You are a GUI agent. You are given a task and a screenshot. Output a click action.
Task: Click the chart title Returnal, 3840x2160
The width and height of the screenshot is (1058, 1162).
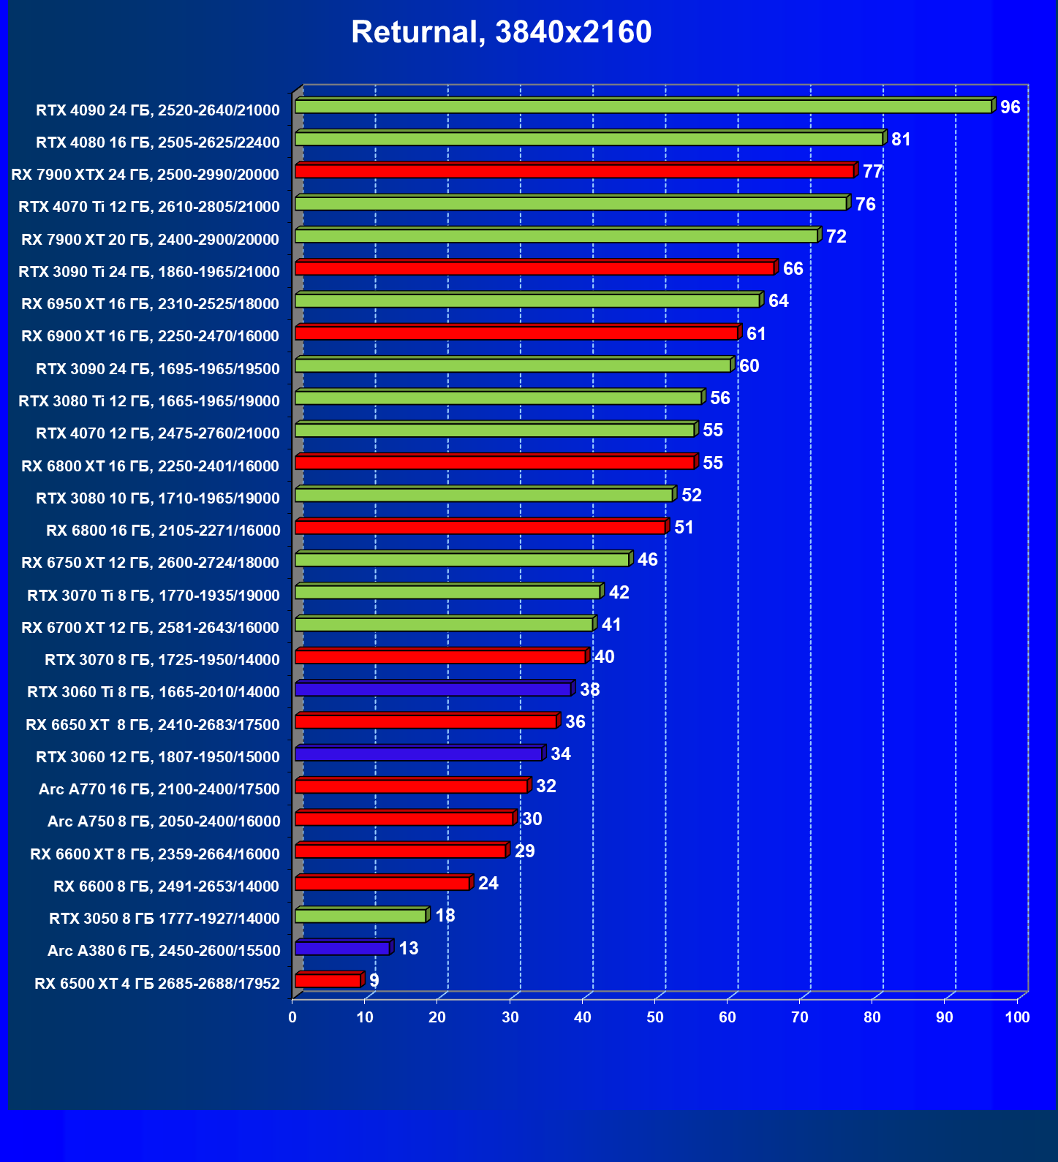tap(501, 32)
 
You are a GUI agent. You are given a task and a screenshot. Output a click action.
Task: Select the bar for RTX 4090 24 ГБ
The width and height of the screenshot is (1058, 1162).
tap(643, 107)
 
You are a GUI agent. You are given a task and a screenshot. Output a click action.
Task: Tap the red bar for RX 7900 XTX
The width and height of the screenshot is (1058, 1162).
tap(574, 171)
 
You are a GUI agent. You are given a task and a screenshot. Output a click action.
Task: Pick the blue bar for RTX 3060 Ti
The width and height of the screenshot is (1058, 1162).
tap(433, 689)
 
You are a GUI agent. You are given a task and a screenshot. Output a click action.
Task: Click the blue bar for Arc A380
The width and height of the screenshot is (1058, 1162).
tap(342, 948)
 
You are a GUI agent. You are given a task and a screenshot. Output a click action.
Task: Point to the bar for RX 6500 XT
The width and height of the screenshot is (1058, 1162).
tap(328, 980)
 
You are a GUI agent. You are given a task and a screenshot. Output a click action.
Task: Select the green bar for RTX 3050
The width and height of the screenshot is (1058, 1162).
tap(360, 916)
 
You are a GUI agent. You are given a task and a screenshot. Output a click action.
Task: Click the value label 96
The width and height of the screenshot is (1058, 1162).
tap(1010, 107)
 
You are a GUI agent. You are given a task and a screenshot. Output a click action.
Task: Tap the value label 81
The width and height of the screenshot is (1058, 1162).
tap(901, 140)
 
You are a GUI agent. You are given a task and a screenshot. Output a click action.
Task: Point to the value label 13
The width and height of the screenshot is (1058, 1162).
tap(408, 949)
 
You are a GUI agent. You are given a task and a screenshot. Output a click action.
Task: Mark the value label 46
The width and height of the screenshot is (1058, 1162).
tap(647, 560)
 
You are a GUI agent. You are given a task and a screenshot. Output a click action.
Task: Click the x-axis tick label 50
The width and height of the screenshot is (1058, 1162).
tap(655, 1017)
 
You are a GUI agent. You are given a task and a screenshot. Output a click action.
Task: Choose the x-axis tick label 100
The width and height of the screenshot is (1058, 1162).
tap(1017, 1017)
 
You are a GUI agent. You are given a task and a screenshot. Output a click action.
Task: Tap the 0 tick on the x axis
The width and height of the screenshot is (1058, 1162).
tap(292, 1017)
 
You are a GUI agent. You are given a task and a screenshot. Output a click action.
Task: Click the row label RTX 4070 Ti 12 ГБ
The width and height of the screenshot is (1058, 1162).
tap(149, 207)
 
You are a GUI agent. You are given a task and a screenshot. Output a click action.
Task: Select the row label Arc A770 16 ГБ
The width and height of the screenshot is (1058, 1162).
tap(159, 789)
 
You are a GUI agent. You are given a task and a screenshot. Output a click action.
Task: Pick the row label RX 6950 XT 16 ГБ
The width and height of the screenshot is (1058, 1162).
tap(150, 304)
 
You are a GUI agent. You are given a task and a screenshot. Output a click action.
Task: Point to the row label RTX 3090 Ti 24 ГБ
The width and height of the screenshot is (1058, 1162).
tap(149, 272)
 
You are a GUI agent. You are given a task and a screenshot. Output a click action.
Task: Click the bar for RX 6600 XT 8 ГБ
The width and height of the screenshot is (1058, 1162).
tap(400, 851)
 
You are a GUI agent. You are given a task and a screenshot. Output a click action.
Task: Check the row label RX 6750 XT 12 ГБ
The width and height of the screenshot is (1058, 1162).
tap(150, 563)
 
